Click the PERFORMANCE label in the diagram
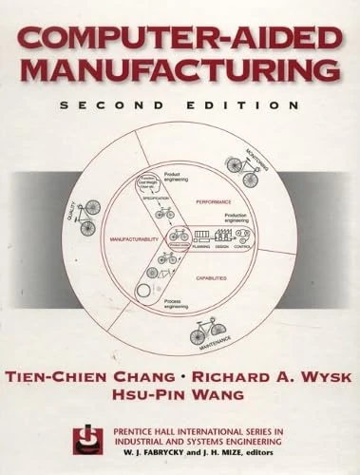(214, 202)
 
